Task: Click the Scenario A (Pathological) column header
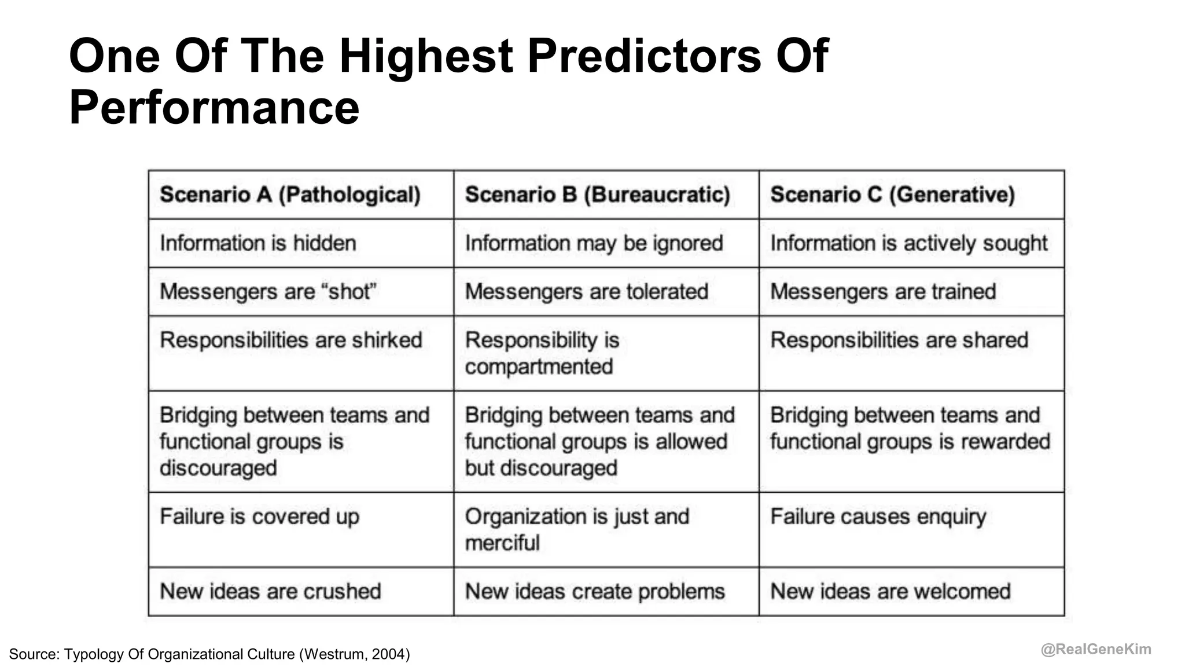click(x=290, y=195)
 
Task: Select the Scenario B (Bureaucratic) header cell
click(x=597, y=195)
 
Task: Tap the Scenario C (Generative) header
click(x=892, y=195)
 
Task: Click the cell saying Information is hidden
click(x=258, y=243)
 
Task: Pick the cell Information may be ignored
click(x=594, y=243)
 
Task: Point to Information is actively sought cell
click(x=908, y=243)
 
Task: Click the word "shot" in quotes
click(x=352, y=291)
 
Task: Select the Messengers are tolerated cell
click(x=586, y=291)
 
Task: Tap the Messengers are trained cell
click(x=883, y=291)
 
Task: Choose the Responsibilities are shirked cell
click(x=291, y=340)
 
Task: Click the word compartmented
click(x=539, y=367)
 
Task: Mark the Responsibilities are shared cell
click(x=899, y=340)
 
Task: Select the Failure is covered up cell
click(x=259, y=516)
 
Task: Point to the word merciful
click(x=502, y=543)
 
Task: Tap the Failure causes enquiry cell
click(x=878, y=516)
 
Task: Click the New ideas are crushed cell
click(x=270, y=591)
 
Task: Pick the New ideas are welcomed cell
click(x=890, y=591)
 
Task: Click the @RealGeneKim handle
click(x=1096, y=650)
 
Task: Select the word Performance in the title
click(x=214, y=108)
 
